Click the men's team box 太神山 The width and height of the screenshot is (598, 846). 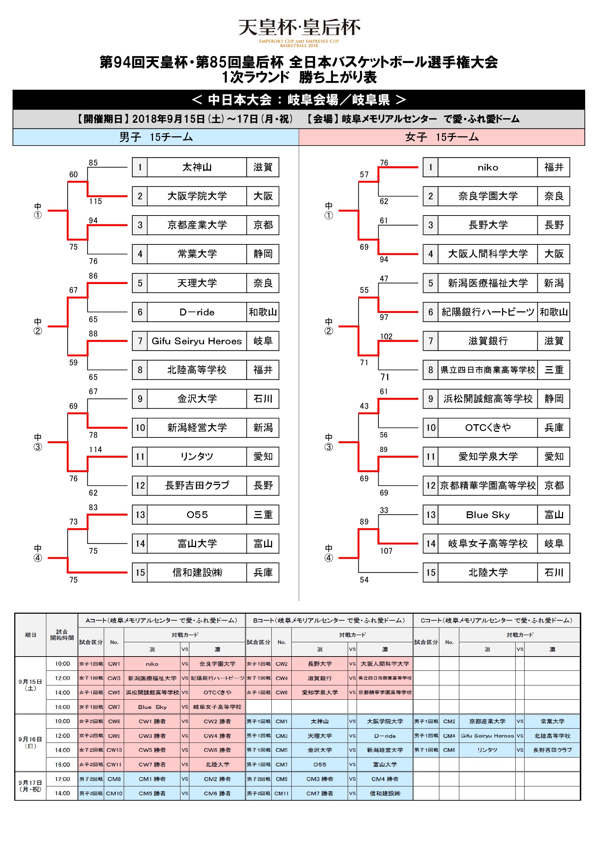pyautogui.click(x=196, y=167)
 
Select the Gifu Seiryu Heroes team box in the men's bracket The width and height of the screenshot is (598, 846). pyautogui.click(x=196, y=341)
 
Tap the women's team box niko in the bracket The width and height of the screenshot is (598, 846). pyautogui.click(x=487, y=167)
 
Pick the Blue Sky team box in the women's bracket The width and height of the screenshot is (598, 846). pyautogui.click(x=487, y=515)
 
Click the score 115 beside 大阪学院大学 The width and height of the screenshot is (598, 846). pyautogui.click(x=95, y=201)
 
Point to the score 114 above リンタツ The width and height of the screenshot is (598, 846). pyautogui.click(x=95, y=450)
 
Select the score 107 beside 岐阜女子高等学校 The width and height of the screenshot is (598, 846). pyautogui.click(x=386, y=551)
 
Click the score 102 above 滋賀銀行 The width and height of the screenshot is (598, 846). pyautogui.click(x=386, y=336)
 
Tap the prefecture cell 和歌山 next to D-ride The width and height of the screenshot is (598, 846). pyautogui.click(x=262, y=312)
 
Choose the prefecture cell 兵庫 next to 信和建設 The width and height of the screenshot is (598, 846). pyautogui.click(x=262, y=572)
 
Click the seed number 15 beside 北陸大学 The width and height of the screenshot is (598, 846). pyautogui.click(x=430, y=572)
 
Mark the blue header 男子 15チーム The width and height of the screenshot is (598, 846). pyautogui.click(x=156, y=137)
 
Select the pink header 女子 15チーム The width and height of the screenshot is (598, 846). pyautogui.click(x=441, y=137)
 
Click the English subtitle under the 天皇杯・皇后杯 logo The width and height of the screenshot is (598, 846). pyautogui.click(x=298, y=43)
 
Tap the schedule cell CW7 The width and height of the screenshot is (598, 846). pyautogui.click(x=114, y=707)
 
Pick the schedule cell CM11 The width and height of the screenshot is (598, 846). pyautogui.click(x=281, y=793)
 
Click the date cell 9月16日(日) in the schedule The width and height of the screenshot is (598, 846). pyautogui.click(x=30, y=743)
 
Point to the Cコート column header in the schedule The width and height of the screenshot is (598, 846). pyautogui.click(x=496, y=620)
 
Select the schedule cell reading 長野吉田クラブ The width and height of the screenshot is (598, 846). pyautogui.click(x=552, y=750)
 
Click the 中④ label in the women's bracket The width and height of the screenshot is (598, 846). pyautogui.click(x=328, y=553)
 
